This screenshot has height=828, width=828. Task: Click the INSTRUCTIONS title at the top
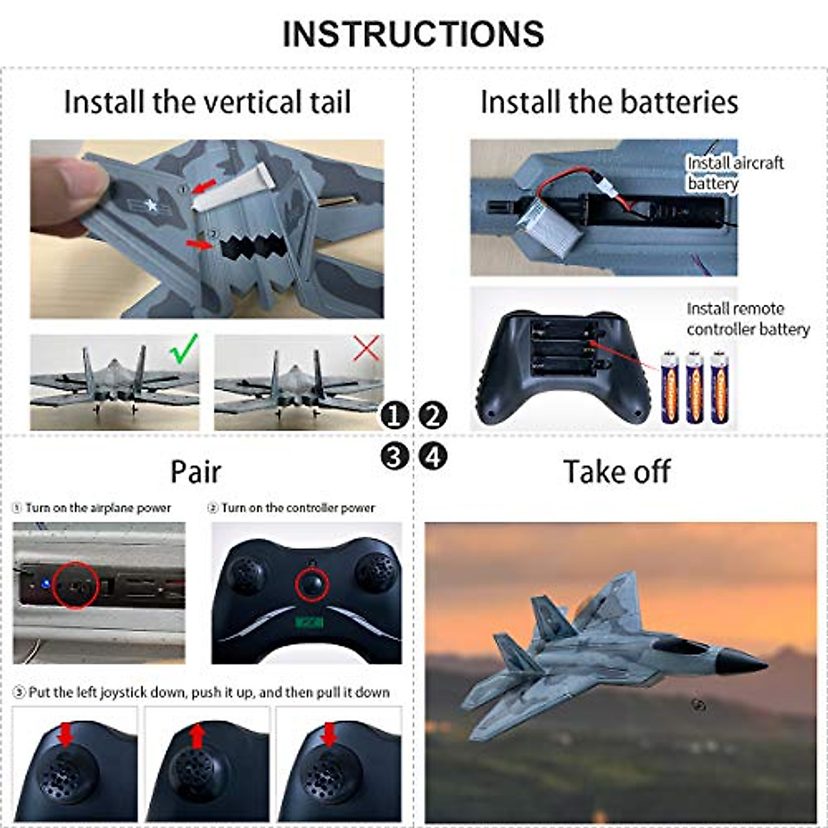pyautogui.click(x=413, y=34)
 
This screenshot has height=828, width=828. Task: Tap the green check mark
pyautogui.click(x=184, y=349)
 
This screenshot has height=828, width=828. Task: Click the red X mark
pyautogui.click(x=366, y=349)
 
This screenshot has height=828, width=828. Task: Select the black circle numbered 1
pyautogui.click(x=395, y=416)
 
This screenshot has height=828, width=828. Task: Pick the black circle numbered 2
pyautogui.click(x=433, y=416)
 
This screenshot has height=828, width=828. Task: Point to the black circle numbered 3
pyautogui.click(x=395, y=456)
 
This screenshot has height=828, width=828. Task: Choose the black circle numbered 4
pyautogui.click(x=433, y=456)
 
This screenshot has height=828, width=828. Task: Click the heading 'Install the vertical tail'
pyautogui.click(x=207, y=102)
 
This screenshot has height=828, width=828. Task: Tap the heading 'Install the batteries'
pyautogui.click(x=609, y=102)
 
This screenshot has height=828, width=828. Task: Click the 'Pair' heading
pyautogui.click(x=196, y=472)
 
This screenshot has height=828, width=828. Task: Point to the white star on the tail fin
pyautogui.click(x=150, y=204)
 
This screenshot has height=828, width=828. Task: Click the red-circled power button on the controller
pyautogui.click(x=312, y=584)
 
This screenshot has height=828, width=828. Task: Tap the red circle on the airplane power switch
pyautogui.click(x=76, y=585)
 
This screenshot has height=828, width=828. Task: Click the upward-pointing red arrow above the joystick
pyautogui.click(x=197, y=736)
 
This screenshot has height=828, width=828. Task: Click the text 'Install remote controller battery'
pyautogui.click(x=747, y=319)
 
